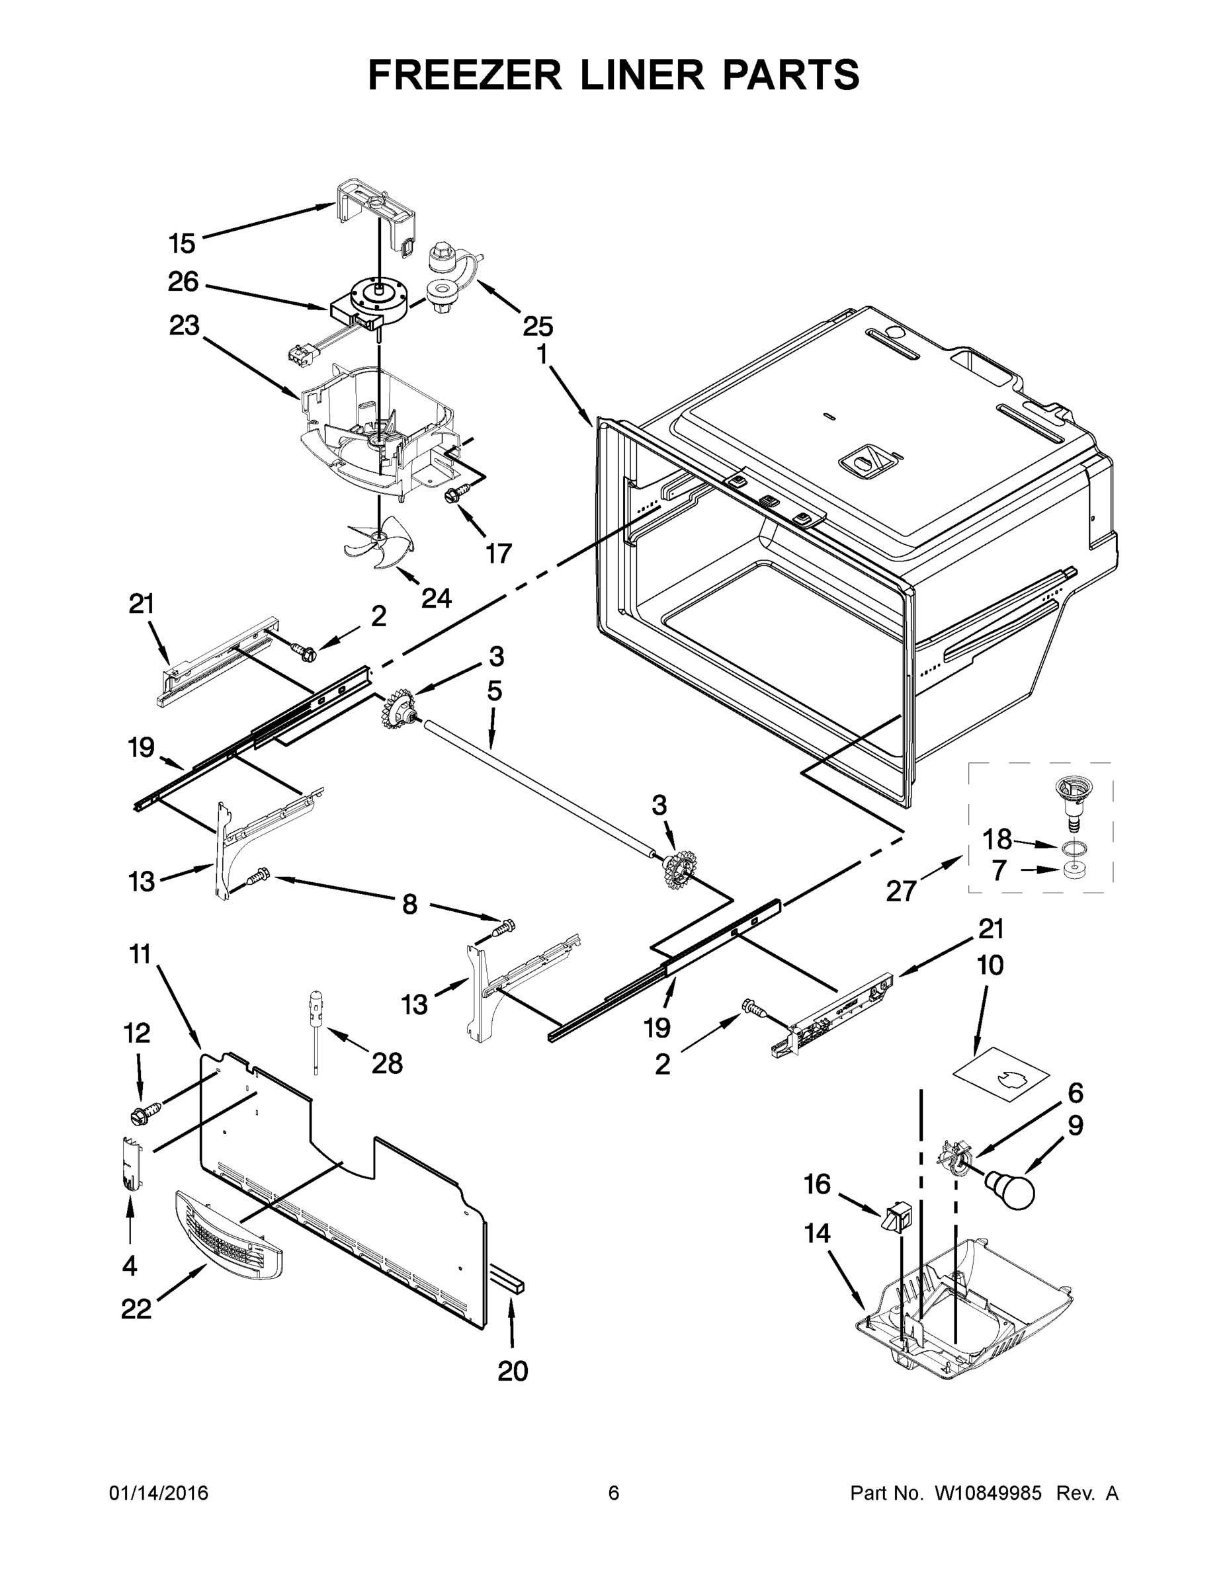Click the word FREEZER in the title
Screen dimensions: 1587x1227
coord(465,75)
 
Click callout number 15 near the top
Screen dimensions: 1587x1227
coord(183,243)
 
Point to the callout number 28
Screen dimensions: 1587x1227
coord(387,1064)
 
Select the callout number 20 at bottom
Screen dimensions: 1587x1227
coord(513,1372)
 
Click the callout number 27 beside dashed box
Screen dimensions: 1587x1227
coord(902,891)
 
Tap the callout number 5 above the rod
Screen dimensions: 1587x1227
coord(494,691)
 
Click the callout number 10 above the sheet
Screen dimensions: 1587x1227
coord(990,965)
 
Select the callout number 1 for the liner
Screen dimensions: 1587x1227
coord(542,354)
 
